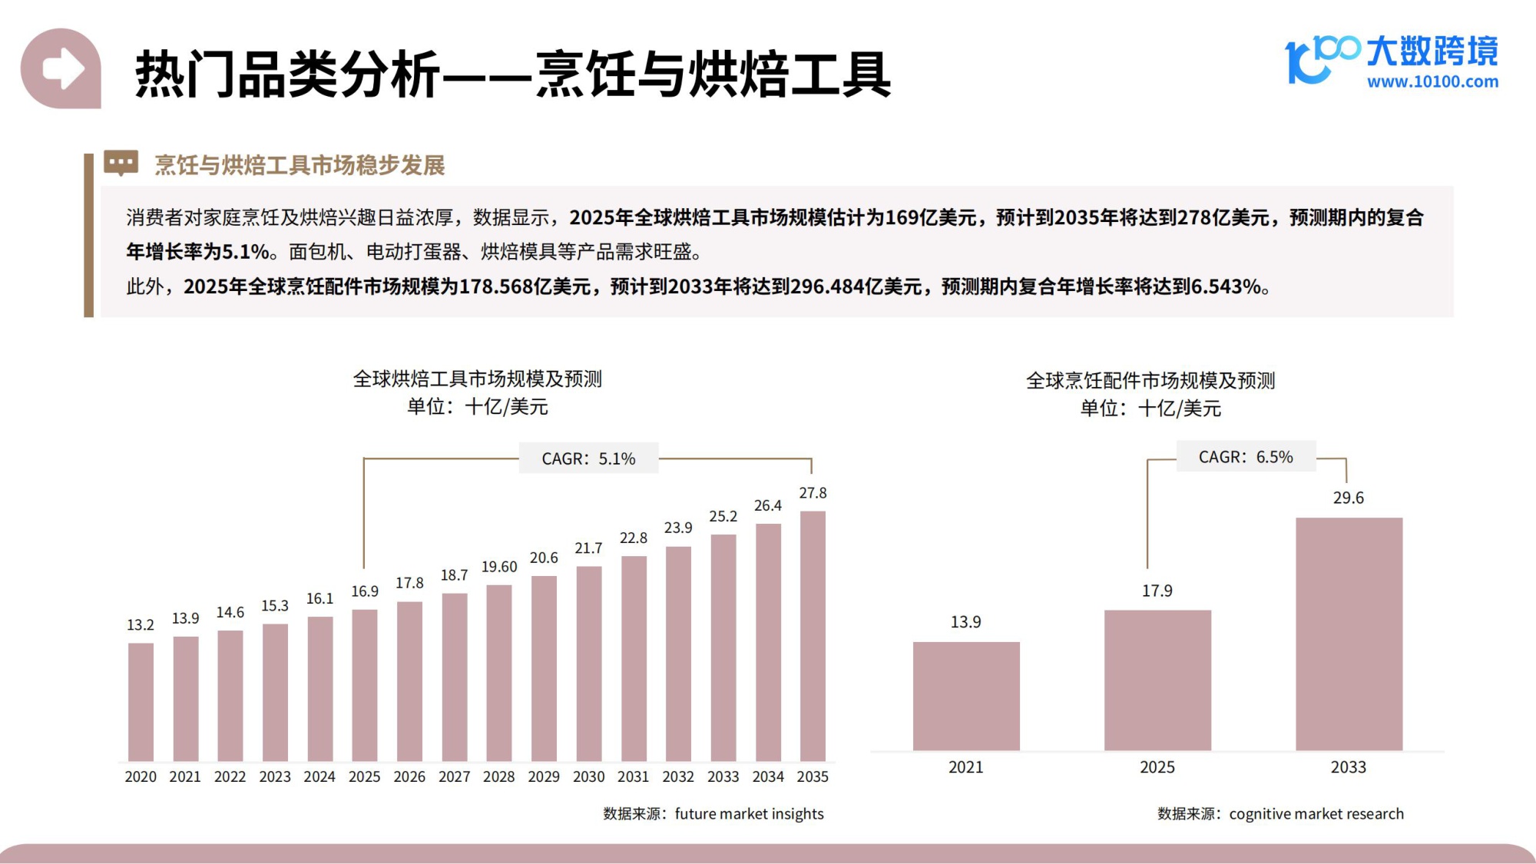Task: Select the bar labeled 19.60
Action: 499,673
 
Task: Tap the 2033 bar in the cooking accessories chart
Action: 1349,634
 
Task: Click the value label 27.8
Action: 813,493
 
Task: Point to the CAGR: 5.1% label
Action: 588,458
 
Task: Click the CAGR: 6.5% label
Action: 1246,457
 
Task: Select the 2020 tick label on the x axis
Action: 141,776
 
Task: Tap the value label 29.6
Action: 1349,498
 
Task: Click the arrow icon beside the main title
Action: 61,69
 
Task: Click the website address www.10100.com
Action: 1432,81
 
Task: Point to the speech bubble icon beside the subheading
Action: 121,163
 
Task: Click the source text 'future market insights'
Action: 749,813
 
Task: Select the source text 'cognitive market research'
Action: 1316,813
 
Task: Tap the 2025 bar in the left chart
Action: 365,685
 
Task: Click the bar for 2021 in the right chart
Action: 966,696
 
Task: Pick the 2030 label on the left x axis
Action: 588,776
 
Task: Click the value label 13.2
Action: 141,625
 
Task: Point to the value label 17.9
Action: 1157,591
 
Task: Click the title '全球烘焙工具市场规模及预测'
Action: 477,379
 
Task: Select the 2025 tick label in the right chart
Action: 1157,767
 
